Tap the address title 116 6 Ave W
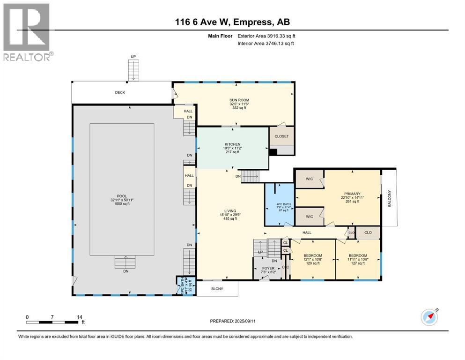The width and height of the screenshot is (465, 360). point(233,22)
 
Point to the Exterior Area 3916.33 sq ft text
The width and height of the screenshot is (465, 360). point(266,36)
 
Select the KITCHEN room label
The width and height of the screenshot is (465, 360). point(232,144)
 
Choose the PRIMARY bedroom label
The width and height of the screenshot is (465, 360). point(352,194)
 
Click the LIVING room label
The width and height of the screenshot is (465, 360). point(230,211)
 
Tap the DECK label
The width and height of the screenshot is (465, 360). point(120,92)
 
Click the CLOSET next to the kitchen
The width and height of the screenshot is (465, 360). point(281,136)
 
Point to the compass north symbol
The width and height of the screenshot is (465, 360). point(429,317)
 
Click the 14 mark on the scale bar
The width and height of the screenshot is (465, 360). point(77,317)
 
